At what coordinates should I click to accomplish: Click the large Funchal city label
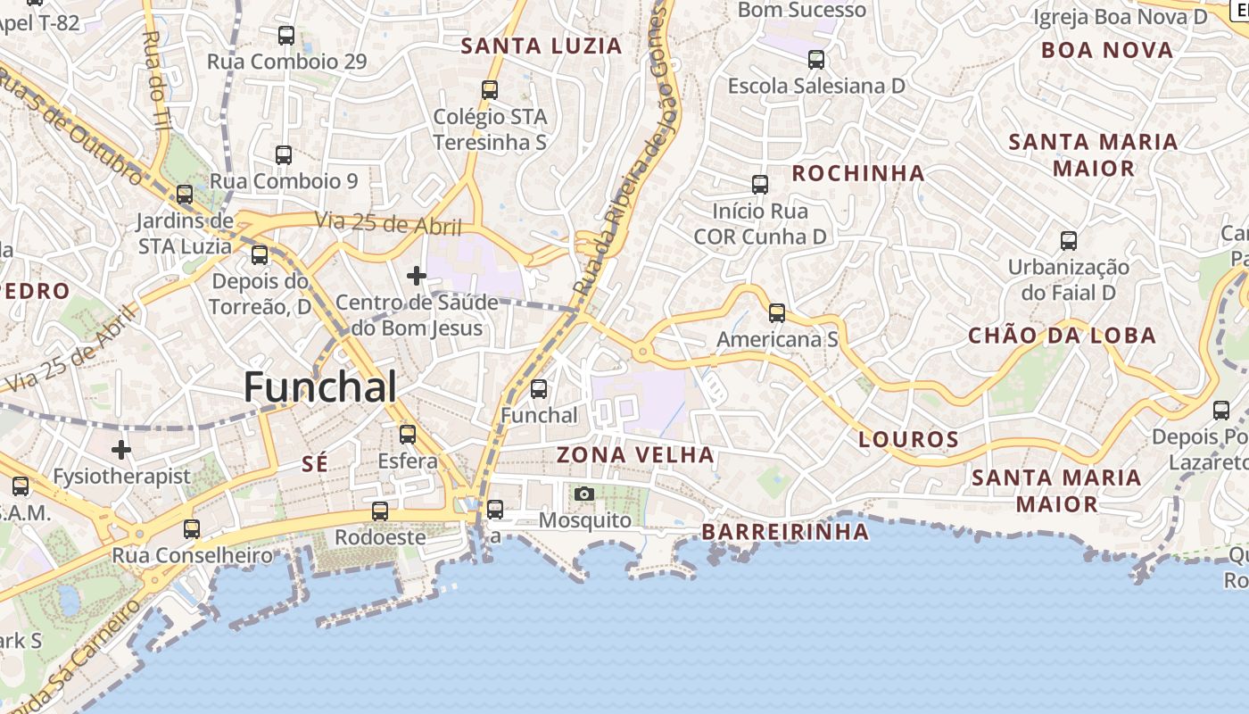point(320,387)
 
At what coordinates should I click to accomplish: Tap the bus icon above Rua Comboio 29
point(286,36)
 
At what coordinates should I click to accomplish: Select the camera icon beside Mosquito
point(584,494)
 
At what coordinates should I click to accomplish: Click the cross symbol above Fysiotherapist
point(121,449)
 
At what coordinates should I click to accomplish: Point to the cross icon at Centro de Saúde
point(416,276)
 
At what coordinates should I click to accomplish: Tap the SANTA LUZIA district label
point(541,46)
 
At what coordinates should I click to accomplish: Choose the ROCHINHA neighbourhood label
point(858,173)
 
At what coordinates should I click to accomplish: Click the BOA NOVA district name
point(1107,50)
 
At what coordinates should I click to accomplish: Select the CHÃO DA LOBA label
point(1062,336)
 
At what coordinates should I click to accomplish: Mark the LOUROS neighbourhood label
point(908,439)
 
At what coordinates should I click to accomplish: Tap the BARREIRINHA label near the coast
point(785,532)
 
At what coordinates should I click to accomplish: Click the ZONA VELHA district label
point(635,455)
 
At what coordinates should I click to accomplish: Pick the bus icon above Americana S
point(777,313)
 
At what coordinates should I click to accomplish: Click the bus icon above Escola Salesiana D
point(816,60)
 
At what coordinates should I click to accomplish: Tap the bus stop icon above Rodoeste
point(380,511)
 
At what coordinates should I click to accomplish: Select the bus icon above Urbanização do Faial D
point(1069,240)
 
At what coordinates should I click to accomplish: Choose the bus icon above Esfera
point(408,435)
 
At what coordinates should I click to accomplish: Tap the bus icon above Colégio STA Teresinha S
point(490,89)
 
